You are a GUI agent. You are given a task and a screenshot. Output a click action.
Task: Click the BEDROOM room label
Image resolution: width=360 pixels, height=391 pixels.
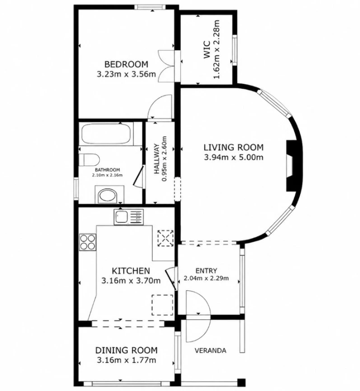pyautogui.click(x=126, y=64)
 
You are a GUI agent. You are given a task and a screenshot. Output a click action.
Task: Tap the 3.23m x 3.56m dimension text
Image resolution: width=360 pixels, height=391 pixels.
pyautogui.click(x=126, y=74)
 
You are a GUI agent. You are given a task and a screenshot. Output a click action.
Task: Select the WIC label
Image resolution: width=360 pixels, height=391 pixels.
pyautogui.click(x=207, y=50)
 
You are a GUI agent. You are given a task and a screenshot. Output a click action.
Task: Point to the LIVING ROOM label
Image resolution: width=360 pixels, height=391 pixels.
pyautogui.click(x=234, y=147)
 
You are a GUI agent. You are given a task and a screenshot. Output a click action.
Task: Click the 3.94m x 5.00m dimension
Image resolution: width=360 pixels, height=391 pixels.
pyautogui.click(x=234, y=157)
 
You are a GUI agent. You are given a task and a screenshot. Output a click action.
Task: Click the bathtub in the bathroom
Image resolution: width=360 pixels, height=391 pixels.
pyautogui.click(x=106, y=133)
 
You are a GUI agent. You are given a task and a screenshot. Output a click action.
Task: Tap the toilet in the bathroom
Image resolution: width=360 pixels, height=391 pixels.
pyautogui.click(x=89, y=159)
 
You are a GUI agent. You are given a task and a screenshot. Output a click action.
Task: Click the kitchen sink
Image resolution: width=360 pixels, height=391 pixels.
pyautogui.click(x=128, y=217)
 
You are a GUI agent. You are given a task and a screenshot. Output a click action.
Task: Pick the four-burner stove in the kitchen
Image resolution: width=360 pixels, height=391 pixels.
pyautogui.click(x=88, y=242)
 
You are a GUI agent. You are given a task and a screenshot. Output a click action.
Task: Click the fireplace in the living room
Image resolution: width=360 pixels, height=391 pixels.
pyautogui.click(x=291, y=166)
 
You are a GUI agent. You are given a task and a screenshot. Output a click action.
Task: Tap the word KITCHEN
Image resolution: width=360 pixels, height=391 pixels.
pyautogui.click(x=131, y=271)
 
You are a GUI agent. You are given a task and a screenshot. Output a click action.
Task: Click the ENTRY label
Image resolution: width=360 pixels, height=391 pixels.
pyautogui.click(x=206, y=271)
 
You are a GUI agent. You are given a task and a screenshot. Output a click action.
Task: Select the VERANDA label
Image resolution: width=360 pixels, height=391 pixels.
pyautogui.click(x=211, y=351)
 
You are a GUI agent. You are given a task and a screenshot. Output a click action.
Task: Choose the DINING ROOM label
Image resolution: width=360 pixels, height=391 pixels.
pyautogui.click(x=126, y=350)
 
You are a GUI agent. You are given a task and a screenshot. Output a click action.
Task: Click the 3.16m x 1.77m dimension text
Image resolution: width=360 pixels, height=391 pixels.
pyautogui.click(x=126, y=360)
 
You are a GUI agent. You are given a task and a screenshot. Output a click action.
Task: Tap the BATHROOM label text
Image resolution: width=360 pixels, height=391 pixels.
pyautogui.click(x=107, y=170)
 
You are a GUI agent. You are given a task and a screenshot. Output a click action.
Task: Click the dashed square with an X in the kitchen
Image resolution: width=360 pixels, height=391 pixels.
pyautogui.click(x=165, y=238)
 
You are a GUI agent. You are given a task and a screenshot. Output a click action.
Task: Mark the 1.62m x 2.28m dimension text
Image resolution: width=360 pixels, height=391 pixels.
pyautogui.click(x=217, y=49)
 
